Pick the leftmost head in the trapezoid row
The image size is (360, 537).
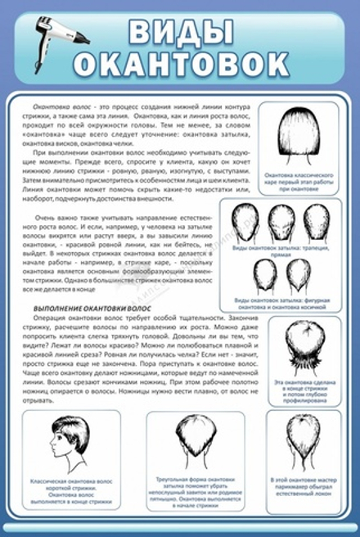[x=246, y=223]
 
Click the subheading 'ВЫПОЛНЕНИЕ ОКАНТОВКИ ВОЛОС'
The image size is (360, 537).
[x=83, y=307]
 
